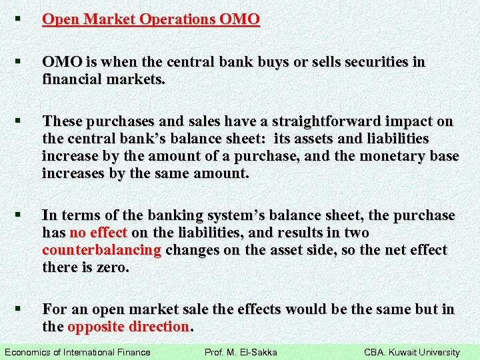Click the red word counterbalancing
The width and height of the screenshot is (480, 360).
pyautogui.click(x=101, y=250)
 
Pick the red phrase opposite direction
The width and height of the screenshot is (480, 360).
pyautogui.click(x=128, y=327)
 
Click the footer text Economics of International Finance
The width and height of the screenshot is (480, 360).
pyautogui.click(x=77, y=352)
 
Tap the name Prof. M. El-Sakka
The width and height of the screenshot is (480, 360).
pyautogui.click(x=241, y=352)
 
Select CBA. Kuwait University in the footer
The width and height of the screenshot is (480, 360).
pyautogui.click(x=412, y=352)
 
